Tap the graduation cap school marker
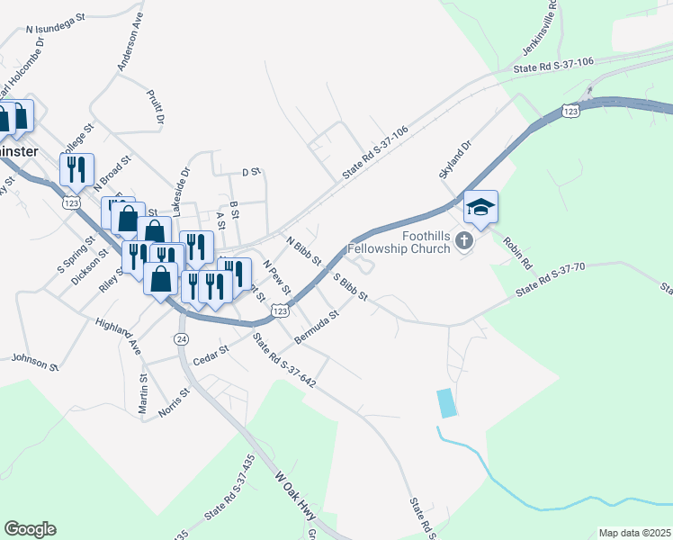[480, 208]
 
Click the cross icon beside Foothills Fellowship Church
[463, 239]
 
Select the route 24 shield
[182, 338]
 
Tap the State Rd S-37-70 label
[552, 279]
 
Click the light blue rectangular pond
[444, 402]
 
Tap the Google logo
[30, 529]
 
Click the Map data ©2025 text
[634, 533]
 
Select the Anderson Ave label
[130, 41]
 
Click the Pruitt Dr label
[154, 106]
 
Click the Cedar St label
[212, 352]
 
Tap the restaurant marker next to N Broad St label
[73, 167]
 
